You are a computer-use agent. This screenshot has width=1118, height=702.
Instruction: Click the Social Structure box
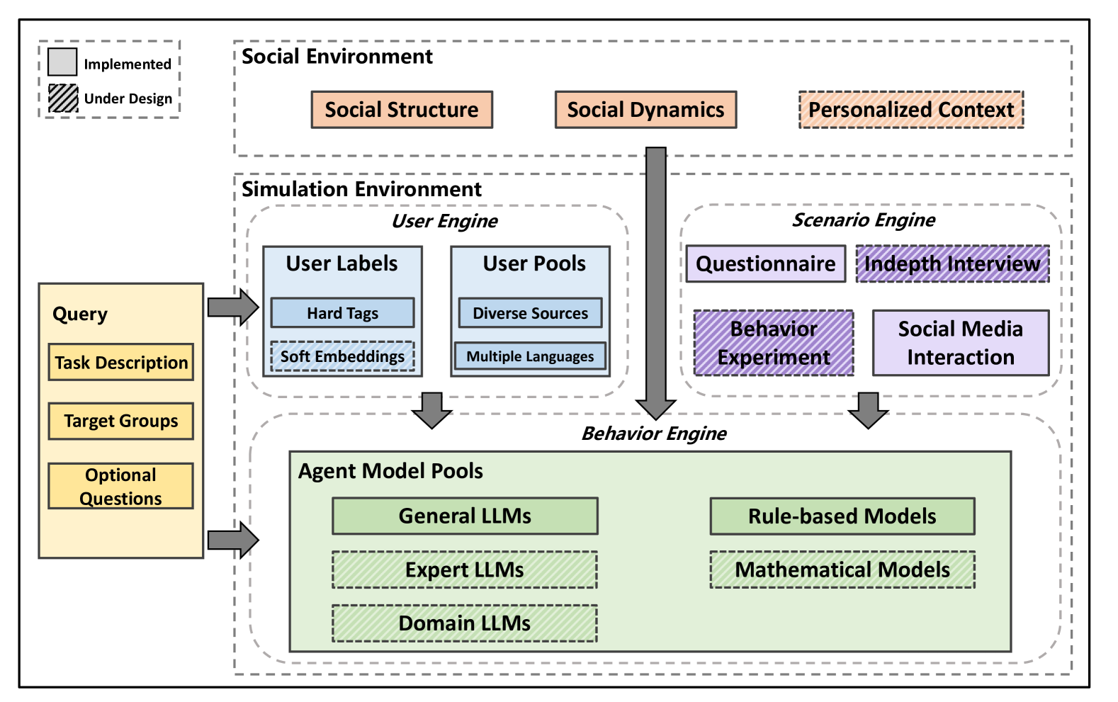pos(402,110)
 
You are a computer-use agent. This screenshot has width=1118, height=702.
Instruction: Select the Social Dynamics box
pos(645,110)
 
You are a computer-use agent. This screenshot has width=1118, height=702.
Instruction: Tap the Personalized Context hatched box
pos(910,110)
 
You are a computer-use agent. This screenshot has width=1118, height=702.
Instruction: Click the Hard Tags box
pos(342,313)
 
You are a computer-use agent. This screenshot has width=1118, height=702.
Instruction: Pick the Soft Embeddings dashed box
pos(342,356)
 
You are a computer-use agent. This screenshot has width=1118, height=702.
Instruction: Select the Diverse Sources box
pos(530,313)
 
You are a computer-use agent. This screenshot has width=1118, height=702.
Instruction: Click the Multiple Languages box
pos(530,356)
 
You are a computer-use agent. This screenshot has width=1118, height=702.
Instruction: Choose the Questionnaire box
pos(765,264)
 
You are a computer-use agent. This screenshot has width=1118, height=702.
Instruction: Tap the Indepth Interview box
pos(952,264)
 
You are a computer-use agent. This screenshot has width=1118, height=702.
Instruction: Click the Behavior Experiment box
pos(774,343)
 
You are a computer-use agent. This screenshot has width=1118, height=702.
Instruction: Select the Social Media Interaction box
pos(960,343)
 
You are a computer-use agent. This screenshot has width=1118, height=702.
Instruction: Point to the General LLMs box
pos(465,516)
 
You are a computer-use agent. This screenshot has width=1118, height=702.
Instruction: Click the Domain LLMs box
pos(465,623)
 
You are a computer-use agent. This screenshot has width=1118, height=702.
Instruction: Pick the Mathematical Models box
pos(842,570)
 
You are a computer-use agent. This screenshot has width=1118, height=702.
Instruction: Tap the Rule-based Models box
pos(842,516)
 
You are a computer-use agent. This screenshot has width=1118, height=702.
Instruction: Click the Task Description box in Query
pos(121,363)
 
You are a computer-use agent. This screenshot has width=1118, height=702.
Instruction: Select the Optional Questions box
pos(121,486)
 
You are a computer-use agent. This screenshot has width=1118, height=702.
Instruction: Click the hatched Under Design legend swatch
pos(63,98)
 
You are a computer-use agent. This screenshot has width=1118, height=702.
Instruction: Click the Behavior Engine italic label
pos(653,434)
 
